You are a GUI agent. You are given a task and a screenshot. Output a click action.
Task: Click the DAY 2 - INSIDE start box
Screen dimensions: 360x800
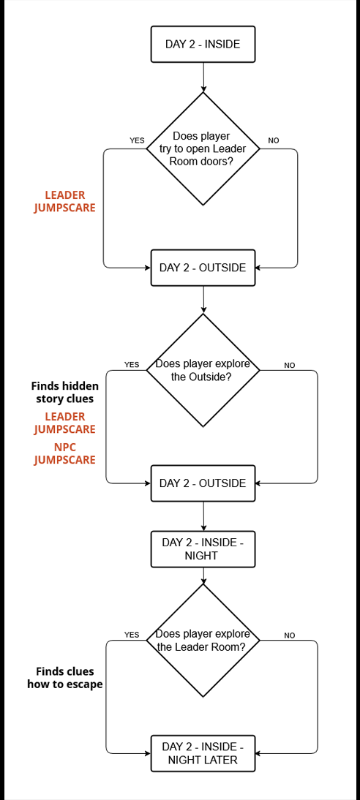(x=203, y=44)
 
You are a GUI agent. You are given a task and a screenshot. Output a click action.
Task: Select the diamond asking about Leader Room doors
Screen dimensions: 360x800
(x=203, y=149)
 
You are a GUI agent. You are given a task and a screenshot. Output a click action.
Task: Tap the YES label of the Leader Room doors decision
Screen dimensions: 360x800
(x=137, y=140)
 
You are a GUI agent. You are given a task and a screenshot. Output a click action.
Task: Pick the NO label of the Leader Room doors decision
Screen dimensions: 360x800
(x=274, y=140)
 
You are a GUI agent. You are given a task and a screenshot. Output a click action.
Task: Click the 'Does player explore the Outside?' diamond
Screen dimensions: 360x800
(x=203, y=370)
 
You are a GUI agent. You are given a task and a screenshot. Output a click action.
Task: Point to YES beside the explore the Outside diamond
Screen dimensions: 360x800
(x=132, y=365)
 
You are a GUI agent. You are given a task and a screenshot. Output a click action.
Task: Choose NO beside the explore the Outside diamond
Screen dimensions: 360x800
(x=290, y=365)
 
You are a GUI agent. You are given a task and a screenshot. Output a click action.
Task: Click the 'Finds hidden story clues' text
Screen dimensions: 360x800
(x=65, y=392)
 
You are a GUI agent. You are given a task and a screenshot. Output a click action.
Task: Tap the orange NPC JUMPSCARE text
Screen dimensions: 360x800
(x=65, y=453)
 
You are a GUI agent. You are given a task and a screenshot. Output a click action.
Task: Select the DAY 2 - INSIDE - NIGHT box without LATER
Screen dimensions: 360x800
(x=203, y=549)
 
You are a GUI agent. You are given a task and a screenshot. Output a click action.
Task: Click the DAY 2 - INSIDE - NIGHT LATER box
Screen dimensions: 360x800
(x=203, y=753)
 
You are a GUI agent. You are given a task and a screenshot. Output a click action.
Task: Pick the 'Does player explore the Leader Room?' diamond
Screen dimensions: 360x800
(x=203, y=641)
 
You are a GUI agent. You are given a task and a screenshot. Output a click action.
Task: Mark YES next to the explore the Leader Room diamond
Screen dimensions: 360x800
(x=132, y=635)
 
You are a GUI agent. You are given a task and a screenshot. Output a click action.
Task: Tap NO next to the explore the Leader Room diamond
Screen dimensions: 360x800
(x=290, y=635)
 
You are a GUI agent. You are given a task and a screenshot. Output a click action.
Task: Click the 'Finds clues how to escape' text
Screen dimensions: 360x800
(x=65, y=678)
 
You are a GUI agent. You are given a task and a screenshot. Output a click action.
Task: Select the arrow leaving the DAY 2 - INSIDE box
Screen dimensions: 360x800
(x=203, y=78)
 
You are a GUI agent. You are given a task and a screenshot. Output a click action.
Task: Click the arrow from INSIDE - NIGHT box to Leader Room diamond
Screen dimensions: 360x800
(x=203, y=576)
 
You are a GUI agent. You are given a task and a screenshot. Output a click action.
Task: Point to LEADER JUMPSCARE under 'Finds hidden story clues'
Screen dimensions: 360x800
(x=65, y=423)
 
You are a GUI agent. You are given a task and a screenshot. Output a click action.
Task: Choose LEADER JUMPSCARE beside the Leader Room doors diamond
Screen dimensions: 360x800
(x=65, y=202)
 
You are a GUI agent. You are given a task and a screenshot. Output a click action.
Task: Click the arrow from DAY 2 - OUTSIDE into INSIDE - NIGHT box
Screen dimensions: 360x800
(x=203, y=516)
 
